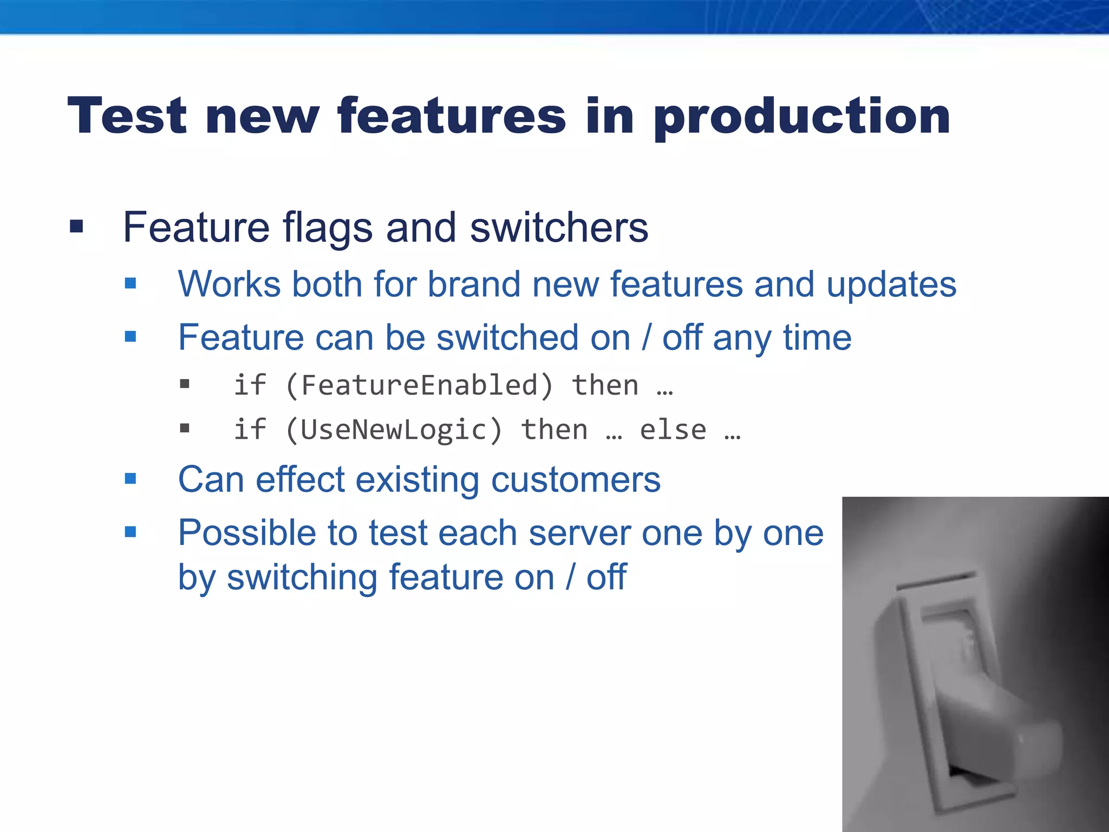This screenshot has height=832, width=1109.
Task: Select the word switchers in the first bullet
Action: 559,227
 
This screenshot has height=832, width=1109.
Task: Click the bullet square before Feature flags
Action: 76,226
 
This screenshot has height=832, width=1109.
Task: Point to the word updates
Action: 891,285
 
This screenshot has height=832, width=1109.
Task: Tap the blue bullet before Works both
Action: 131,283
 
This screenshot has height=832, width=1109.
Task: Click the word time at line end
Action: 817,337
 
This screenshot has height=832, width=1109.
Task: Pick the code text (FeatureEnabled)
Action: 419,386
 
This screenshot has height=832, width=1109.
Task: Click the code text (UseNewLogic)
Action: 394,430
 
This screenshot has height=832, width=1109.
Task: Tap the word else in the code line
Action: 673,430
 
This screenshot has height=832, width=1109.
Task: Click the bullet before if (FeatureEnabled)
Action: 185,385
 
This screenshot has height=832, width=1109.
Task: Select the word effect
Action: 300,480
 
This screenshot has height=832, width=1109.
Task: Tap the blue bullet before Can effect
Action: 131,479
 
